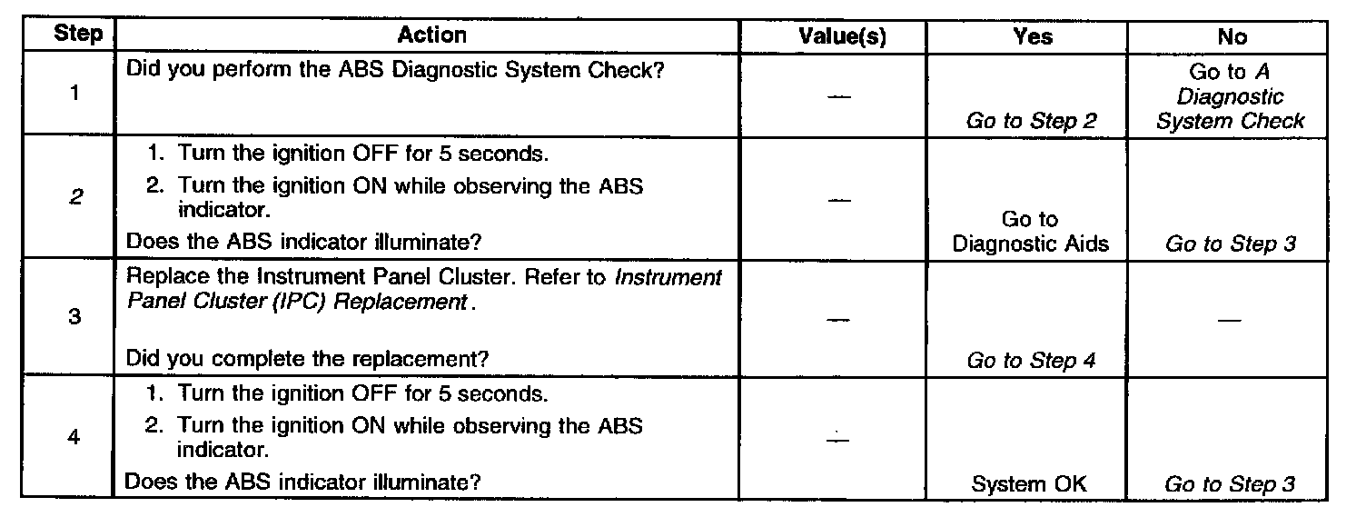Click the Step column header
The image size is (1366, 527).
[78, 35]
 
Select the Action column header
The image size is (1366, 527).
[431, 35]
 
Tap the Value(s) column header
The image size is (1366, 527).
[842, 36]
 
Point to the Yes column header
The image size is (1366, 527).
[1033, 36]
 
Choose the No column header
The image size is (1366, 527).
[1231, 36]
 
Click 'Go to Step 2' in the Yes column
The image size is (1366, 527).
[1031, 121]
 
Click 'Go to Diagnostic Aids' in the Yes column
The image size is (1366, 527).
[1030, 232]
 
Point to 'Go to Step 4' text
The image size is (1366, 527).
[1031, 361]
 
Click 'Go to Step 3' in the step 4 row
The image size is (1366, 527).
[1230, 484]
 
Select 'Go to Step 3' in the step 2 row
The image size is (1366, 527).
[1230, 244]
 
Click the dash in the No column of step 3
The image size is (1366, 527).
[1231, 320]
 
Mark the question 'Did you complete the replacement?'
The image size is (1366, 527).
[308, 360]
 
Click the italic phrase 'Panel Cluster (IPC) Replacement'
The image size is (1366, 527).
[296, 303]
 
